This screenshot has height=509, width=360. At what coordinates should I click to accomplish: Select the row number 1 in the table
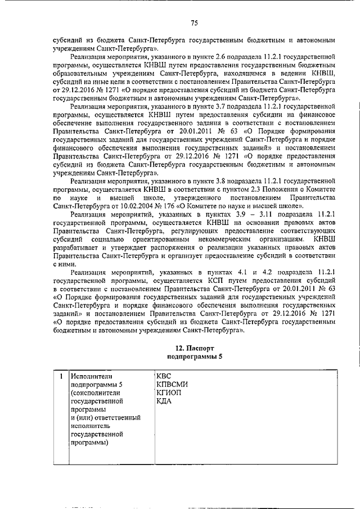(x=60, y=376)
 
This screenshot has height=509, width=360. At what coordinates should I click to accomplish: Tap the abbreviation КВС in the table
(x=163, y=376)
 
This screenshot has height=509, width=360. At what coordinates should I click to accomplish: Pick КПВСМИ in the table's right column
(x=172, y=384)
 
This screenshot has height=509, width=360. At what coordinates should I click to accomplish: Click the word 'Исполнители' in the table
(x=92, y=376)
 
